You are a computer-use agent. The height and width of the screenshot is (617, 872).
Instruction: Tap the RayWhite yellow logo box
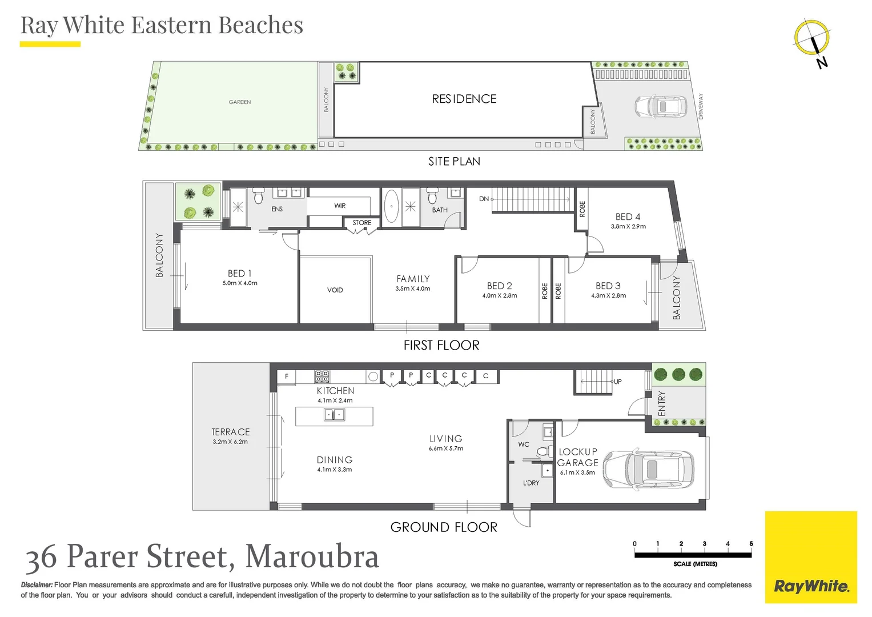click(811, 557)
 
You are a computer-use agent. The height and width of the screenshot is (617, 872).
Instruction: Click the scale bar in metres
click(693, 554)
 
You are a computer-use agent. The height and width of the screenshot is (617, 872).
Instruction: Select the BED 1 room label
click(239, 274)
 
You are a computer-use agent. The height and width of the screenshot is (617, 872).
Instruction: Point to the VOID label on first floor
click(335, 290)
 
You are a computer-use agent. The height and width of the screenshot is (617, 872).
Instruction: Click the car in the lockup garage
click(649, 469)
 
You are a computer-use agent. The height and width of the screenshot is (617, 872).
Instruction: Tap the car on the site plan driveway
click(660, 106)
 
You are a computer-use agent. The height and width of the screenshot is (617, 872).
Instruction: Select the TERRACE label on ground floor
click(231, 432)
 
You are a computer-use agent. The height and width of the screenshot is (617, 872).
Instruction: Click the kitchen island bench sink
click(335, 415)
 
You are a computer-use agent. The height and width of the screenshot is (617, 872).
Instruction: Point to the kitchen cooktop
click(322, 376)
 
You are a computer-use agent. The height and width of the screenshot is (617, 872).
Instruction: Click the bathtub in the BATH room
click(391, 207)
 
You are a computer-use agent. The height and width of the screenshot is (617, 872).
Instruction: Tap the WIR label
click(340, 206)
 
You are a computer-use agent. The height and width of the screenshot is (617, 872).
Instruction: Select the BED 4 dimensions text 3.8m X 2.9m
click(628, 227)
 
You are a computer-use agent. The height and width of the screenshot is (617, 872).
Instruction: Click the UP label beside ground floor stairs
click(618, 382)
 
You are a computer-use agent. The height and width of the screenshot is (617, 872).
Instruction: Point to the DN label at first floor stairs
click(484, 199)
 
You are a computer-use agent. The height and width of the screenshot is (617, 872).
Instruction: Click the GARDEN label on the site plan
click(240, 102)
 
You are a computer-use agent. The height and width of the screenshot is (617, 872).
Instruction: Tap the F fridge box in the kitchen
click(287, 376)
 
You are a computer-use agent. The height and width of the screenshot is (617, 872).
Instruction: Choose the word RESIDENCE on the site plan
click(464, 99)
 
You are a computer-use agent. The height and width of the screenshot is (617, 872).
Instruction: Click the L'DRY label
click(531, 483)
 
